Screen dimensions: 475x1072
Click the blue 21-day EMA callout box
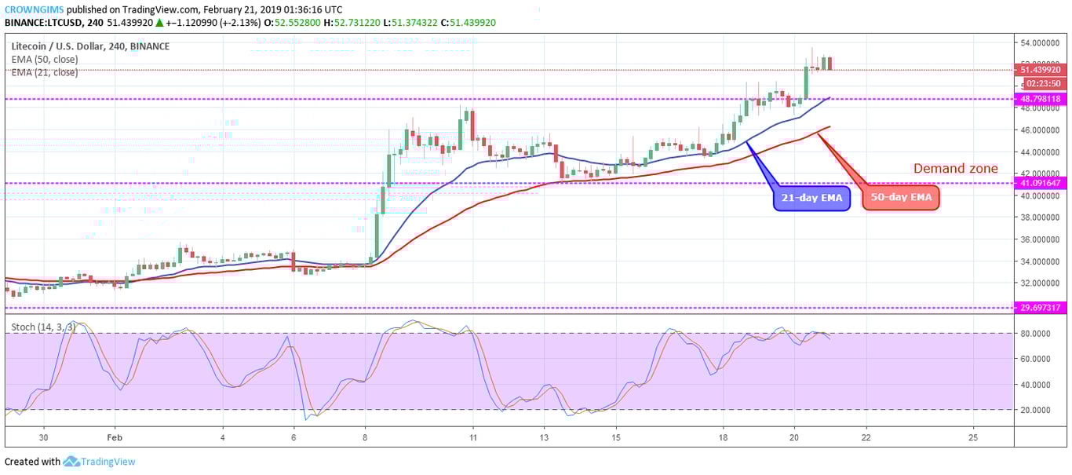pyautogui.click(x=811, y=198)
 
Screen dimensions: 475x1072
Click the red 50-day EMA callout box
pyautogui.click(x=900, y=198)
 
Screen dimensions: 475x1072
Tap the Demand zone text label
pyautogui.click(x=955, y=168)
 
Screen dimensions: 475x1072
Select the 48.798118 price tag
pyautogui.click(x=1041, y=99)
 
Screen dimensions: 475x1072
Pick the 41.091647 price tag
pyautogui.click(x=1041, y=183)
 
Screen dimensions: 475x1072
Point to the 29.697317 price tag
pyautogui.click(x=1041, y=308)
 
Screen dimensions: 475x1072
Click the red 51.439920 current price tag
pyautogui.click(x=1041, y=70)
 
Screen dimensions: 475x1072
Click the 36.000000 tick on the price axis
pyautogui.click(x=1041, y=239)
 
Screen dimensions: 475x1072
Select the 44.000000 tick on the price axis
pyautogui.click(x=1041, y=152)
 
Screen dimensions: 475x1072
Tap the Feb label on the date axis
pyautogui.click(x=115, y=437)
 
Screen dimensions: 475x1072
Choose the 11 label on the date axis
pyautogui.click(x=472, y=437)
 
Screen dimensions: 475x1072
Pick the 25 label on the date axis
pyautogui.click(x=973, y=437)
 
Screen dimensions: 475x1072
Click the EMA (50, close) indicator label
pyautogui.click(x=45, y=60)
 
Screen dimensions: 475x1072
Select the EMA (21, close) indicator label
pyautogui.click(x=45, y=72)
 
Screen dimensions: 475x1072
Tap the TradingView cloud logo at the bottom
pyautogui.click(x=72, y=462)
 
